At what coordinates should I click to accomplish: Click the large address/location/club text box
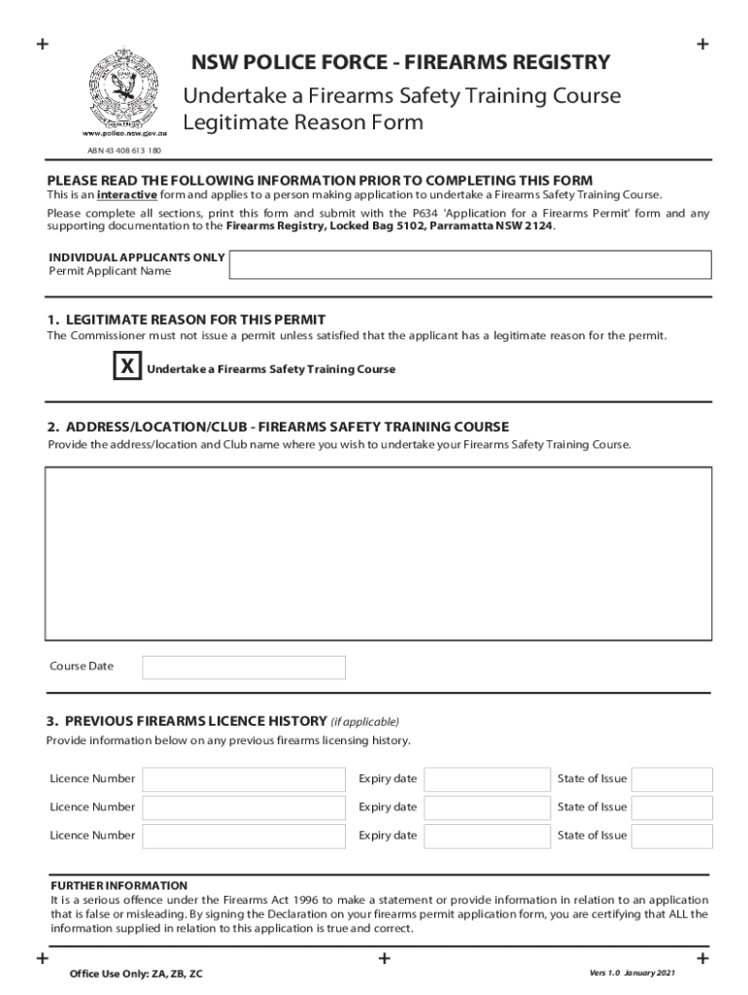click(378, 553)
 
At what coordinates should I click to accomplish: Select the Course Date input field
click(243, 667)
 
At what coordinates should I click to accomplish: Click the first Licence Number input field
click(244, 779)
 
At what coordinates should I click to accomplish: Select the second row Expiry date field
click(487, 807)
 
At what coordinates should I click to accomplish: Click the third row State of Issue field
click(672, 836)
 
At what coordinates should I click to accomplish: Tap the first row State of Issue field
click(672, 779)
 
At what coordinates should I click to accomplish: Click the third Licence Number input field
click(244, 836)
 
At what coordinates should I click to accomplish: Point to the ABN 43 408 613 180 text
click(124, 151)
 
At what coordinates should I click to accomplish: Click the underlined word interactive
click(128, 194)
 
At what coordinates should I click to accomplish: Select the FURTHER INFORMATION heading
click(119, 886)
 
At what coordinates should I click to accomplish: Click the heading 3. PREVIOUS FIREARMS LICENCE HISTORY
click(186, 721)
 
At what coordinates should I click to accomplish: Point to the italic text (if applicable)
click(365, 722)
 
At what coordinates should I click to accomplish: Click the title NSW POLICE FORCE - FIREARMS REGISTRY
click(400, 63)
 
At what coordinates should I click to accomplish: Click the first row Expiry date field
click(487, 779)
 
